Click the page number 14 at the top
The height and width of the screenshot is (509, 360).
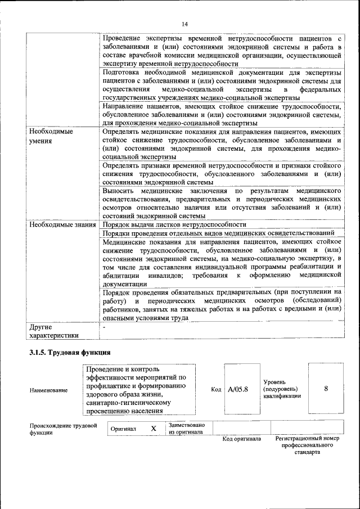185,24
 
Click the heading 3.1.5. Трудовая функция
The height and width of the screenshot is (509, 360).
70,353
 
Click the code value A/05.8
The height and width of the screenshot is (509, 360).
238,389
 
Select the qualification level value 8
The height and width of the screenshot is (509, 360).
326,388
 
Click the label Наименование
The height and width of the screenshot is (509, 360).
49,390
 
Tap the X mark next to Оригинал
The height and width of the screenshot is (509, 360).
153,429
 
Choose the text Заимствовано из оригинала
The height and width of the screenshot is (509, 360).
187,429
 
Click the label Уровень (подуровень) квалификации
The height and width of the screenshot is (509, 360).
281,389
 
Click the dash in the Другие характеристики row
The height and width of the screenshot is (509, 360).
104,327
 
